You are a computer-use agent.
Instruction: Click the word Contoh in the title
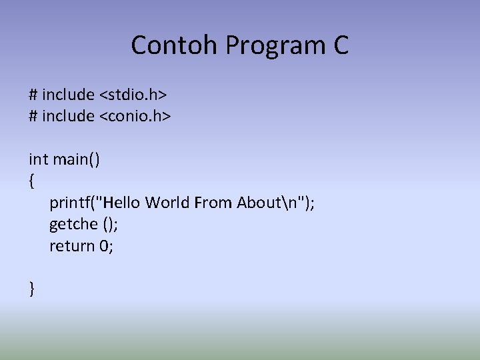pos(175,45)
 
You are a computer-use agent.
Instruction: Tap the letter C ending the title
pos(339,45)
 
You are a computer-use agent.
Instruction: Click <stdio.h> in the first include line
pos(133,94)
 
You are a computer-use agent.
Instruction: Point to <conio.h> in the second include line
pos(136,115)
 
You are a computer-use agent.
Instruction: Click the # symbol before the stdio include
pos(33,94)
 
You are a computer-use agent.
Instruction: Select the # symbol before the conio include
pos(33,115)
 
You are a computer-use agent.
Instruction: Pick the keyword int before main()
pos(38,159)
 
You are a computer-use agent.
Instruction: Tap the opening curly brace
pos(31,181)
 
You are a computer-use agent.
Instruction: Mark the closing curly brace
pos(31,289)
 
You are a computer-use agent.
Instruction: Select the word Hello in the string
pos(123,202)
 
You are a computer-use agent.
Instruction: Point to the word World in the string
pos(167,202)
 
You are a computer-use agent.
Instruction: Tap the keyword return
pos(72,245)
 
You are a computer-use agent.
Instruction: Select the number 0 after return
pos(104,245)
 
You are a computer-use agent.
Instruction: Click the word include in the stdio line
pos(68,94)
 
